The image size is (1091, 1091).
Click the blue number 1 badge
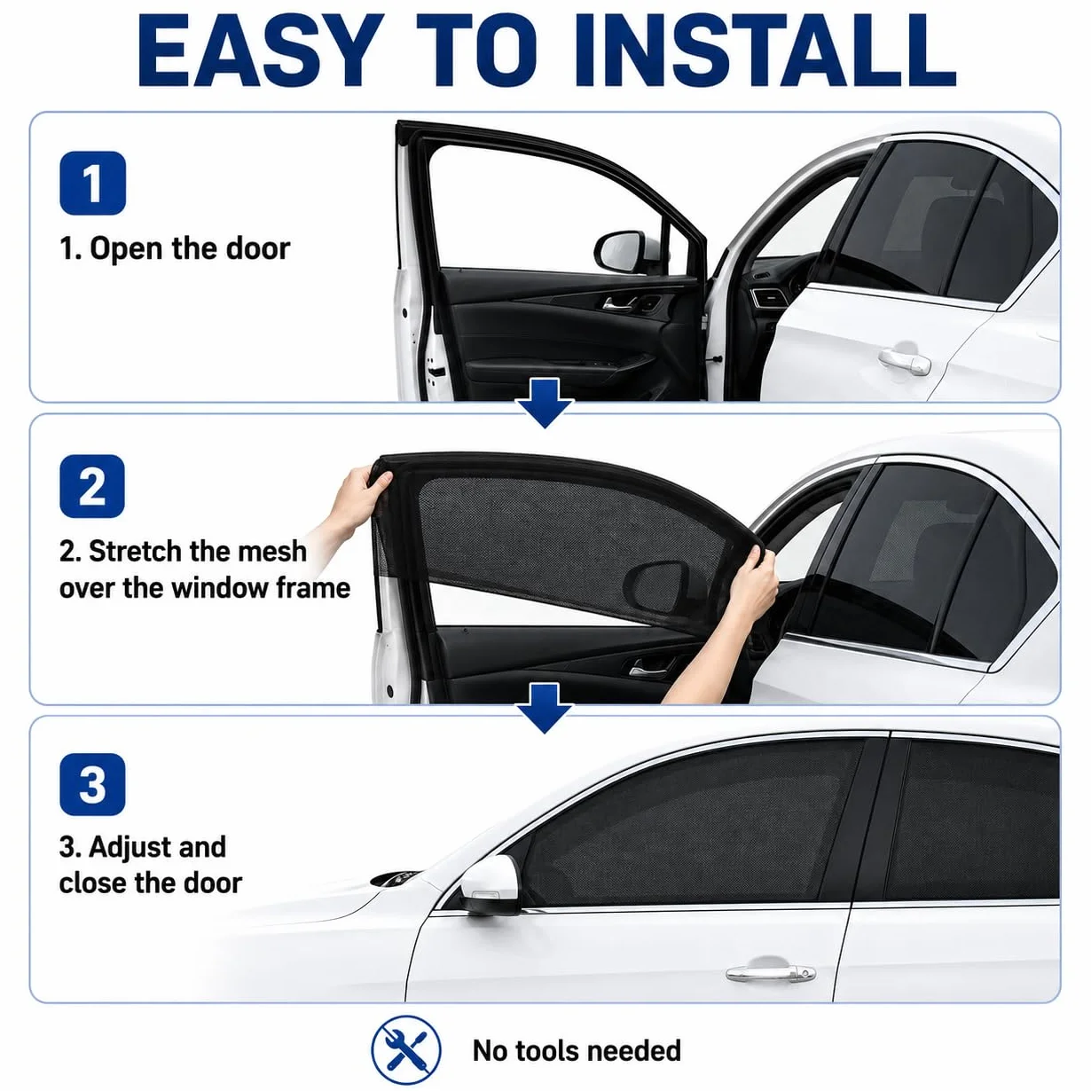(x=92, y=183)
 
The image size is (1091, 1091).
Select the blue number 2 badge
(x=92, y=486)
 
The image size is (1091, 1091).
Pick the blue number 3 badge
(x=92, y=784)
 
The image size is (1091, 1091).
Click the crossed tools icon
(x=406, y=1050)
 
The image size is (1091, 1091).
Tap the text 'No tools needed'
(x=577, y=1051)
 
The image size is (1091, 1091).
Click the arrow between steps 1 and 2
(x=545, y=404)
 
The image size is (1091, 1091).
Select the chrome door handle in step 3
(x=771, y=973)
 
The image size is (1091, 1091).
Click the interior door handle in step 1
(x=619, y=304)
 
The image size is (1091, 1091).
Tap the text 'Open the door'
(x=190, y=248)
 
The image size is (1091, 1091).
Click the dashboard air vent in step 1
(x=766, y=298)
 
